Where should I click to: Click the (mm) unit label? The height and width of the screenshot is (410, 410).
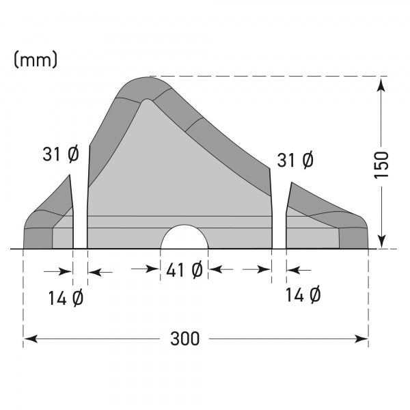36,59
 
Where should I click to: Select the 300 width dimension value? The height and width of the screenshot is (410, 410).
184,338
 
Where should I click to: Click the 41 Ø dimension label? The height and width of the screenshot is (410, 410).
184,271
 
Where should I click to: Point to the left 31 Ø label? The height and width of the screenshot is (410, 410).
60,155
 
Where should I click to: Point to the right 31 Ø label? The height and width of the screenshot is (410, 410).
295,161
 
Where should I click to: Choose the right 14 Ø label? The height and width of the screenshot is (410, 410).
303,295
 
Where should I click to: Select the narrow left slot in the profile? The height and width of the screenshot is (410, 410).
80,212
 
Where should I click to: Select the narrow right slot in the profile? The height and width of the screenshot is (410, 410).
279,212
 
